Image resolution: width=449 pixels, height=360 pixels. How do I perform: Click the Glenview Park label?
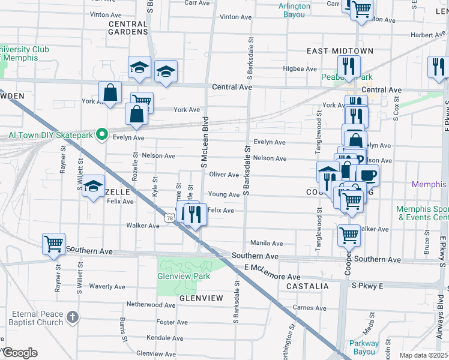[184, 276]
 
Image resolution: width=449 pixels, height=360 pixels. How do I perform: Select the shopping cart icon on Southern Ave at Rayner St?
[53, 244]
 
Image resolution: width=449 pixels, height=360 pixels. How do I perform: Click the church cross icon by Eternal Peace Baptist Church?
[72, 317]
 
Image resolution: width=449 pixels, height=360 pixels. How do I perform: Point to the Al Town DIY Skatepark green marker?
[102, 134]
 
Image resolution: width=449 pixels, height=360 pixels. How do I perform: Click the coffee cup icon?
[367, 176]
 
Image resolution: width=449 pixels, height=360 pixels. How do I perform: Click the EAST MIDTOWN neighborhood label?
[340, 51]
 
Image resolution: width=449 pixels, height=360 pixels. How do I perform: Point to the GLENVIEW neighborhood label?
[201, 298]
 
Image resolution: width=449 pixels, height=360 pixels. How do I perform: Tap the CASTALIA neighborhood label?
[307, 287]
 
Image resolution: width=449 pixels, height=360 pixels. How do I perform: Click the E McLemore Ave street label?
[272, 277]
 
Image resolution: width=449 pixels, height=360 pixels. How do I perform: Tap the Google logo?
[20, 353]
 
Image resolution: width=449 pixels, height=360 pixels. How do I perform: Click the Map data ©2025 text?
[423, 355]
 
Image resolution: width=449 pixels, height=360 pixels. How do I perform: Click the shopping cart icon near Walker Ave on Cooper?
[349, 235]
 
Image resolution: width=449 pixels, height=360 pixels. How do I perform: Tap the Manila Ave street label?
[267, 244]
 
